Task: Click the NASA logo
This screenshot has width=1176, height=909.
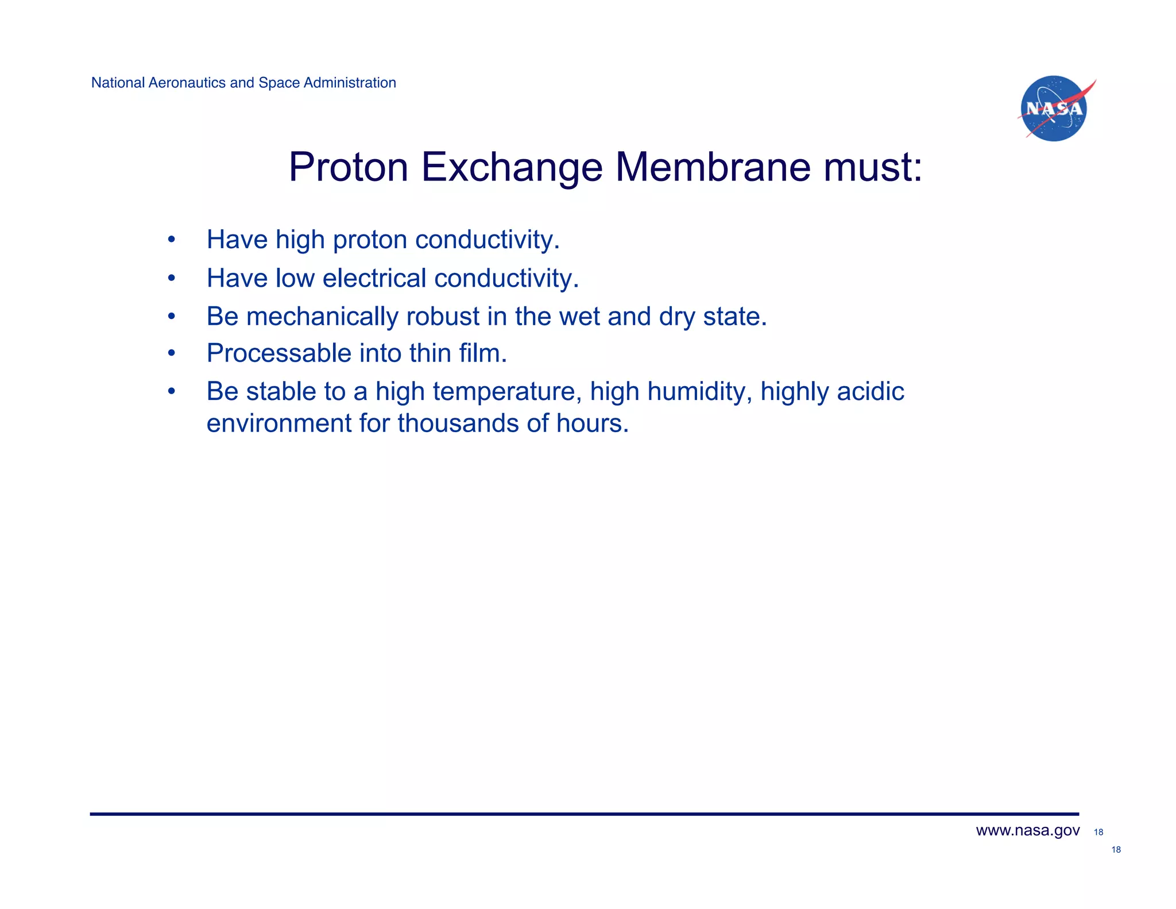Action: (x=1054, y=109)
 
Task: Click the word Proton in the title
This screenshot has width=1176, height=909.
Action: (x=348, y=167)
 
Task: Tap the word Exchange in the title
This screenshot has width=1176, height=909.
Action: (x=512, y=167)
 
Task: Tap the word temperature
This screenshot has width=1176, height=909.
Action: (x=504, y=392)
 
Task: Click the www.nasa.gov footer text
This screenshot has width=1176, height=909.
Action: (x=1027, y=831)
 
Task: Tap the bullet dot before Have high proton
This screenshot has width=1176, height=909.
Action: (x=171, y=240)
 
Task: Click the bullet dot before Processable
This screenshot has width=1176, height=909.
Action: (x=171, y=353)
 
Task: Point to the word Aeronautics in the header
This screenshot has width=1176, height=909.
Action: (x=186, y=83)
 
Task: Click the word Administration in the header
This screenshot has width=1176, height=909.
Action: (x=350, y=83)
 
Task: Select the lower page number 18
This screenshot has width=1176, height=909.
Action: (x=1116, y=850)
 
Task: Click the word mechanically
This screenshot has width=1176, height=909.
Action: (x=322, y=317)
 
